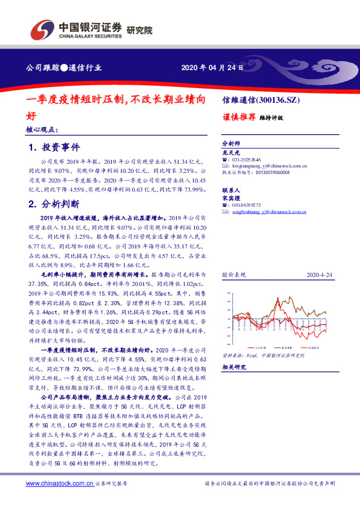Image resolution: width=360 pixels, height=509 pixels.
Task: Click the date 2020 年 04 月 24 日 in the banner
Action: [212, 68]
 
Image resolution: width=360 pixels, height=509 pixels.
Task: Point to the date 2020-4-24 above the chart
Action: [319, 275]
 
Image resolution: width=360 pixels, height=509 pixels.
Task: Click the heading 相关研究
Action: [233, 368]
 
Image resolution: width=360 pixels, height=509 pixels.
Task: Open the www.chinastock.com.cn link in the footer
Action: [59, 484]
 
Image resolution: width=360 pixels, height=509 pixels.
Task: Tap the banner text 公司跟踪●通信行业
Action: [64, 68]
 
